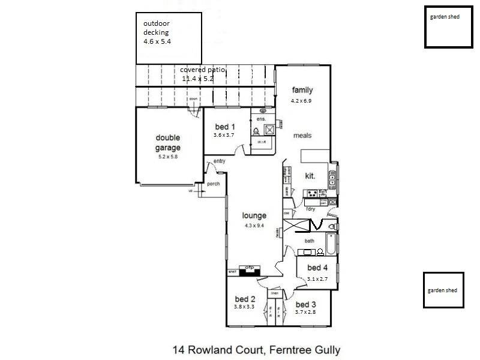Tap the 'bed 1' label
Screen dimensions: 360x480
point(224,127)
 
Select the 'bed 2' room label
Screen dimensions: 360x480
point(245,299)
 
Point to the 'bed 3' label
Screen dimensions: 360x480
point(305,304)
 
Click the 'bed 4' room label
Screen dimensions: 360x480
point(317,268)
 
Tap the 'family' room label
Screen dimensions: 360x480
point(302,90)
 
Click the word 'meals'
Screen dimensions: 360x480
point(302,136)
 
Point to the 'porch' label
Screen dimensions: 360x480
point(213,184)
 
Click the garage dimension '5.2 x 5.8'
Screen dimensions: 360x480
point(168,157)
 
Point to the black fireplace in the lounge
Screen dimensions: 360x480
point(248,271)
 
